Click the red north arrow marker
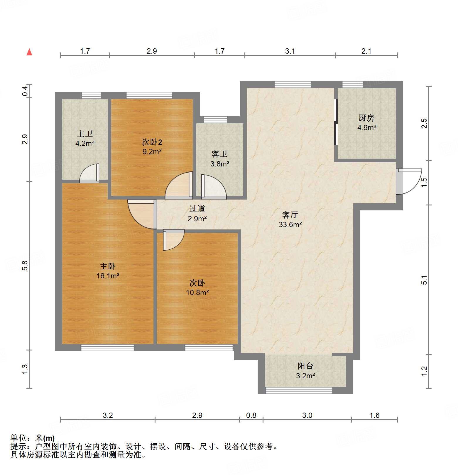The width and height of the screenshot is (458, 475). click(x=29, y=52)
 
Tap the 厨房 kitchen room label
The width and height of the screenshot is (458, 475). click(x=366, y=118)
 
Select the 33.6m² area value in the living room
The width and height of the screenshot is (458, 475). click(x=290, y=225)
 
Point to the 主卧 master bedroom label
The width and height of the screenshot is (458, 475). click(x=108, y=266)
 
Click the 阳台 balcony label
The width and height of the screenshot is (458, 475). click(x=305, y=366)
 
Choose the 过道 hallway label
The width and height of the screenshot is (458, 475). click(x=197, y=209)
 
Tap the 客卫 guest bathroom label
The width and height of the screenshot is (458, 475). click(x=219, y=154)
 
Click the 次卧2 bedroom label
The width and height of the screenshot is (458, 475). click(x=152, y=142)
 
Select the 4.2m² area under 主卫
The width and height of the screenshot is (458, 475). click(x=85, y=144)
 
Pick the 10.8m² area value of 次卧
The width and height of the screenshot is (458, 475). click(x=197, y=292)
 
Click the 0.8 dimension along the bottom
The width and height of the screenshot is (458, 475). click(x=251, y=415)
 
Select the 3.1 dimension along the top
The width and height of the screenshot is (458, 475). click(x=290, y=51)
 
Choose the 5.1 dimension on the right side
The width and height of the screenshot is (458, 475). click(x=424, y=280)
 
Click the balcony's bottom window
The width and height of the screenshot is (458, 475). click(x=299, y=390)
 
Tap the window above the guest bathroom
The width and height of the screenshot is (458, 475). click(x=215, y=120)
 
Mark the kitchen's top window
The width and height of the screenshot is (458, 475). click(x=352, y=85)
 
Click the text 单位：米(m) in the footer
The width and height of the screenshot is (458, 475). click(x=32, y=438)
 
